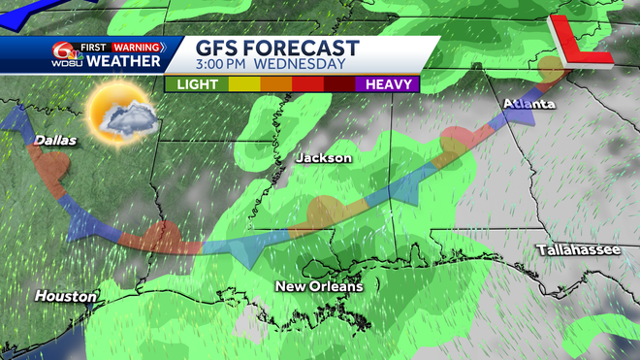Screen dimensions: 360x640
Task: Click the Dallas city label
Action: point(55,142)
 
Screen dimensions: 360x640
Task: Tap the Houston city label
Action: point(65,295)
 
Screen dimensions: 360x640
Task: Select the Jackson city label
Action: point(323,157)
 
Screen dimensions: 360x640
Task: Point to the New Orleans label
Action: point(319,286)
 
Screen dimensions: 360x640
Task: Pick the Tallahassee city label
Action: point(578,250)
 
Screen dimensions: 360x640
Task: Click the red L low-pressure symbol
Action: point(579,41)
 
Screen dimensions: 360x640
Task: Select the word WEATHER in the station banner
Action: point(123,61)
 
